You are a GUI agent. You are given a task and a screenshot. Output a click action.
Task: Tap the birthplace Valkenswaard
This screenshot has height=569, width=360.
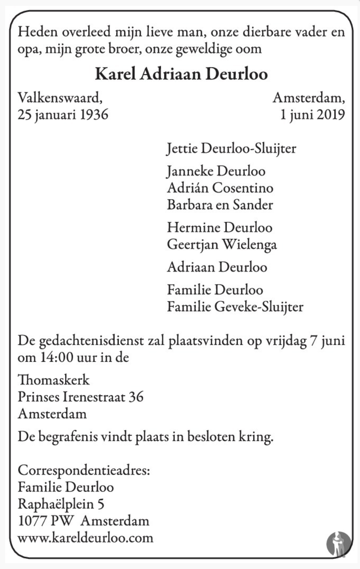(x=60, y=98)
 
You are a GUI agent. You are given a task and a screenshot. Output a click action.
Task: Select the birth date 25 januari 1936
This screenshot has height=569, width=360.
(x=63, y=115)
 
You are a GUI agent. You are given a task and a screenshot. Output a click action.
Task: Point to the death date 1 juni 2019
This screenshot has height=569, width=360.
(x=313, y=115)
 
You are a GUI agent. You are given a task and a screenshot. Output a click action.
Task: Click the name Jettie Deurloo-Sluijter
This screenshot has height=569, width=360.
(x=231, y=149)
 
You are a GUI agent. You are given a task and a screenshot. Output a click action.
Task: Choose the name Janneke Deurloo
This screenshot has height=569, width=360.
(x=216, y=172)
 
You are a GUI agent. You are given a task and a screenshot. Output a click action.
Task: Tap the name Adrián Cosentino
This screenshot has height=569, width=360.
(x=220, y=188)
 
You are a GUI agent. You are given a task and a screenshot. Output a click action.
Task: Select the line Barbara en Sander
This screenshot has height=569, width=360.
(x=220, y=205)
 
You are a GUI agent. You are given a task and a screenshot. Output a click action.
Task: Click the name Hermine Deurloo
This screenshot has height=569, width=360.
(x=219, y=228)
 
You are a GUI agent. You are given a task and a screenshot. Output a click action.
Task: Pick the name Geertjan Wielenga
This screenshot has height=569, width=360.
(x=222, y=244)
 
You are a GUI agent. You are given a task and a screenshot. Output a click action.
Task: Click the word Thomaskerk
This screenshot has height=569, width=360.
(x=54, y=380)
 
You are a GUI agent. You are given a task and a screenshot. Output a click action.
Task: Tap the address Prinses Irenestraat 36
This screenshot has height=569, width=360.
(x=81, y=397)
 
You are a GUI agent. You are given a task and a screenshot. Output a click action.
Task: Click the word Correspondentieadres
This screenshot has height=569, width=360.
(x=84, y=471)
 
